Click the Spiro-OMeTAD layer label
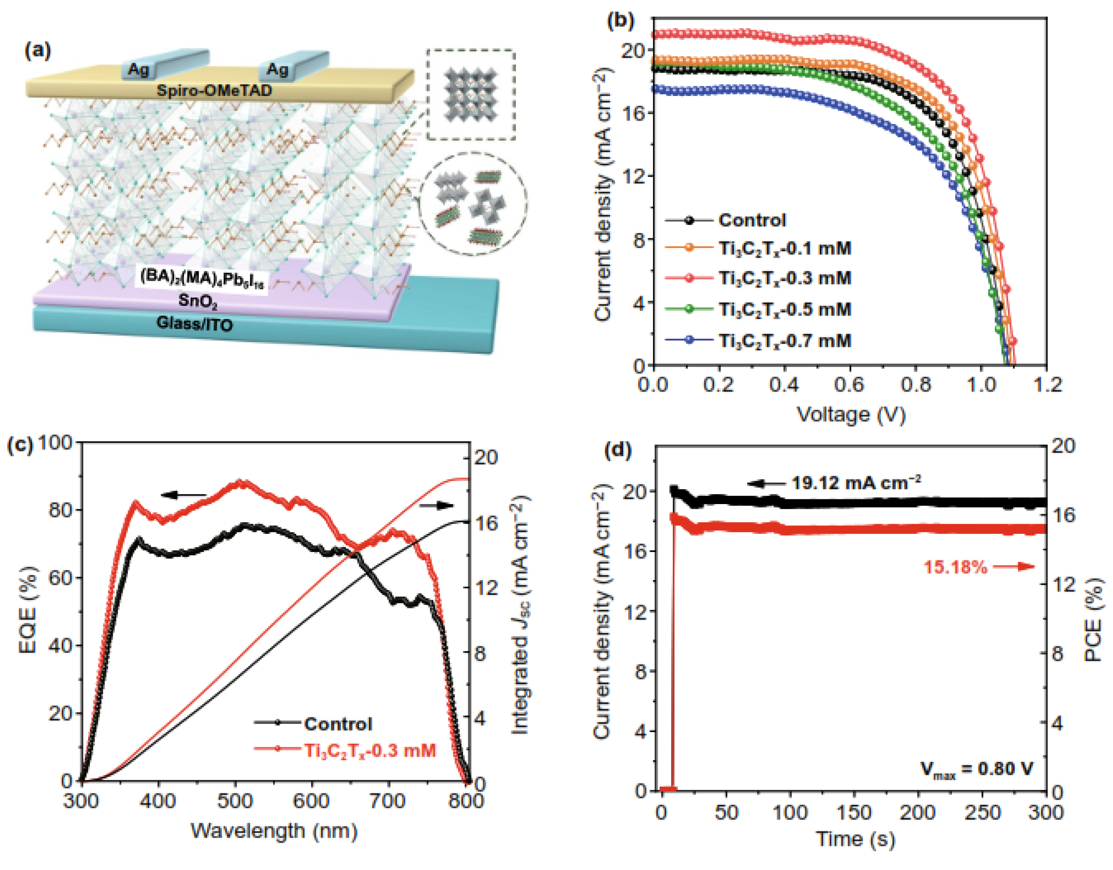[214, 91]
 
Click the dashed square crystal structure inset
[471, 95]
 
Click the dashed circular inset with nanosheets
[473, 203]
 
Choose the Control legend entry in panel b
[752, 220]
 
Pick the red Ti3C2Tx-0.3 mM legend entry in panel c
[370, 750]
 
